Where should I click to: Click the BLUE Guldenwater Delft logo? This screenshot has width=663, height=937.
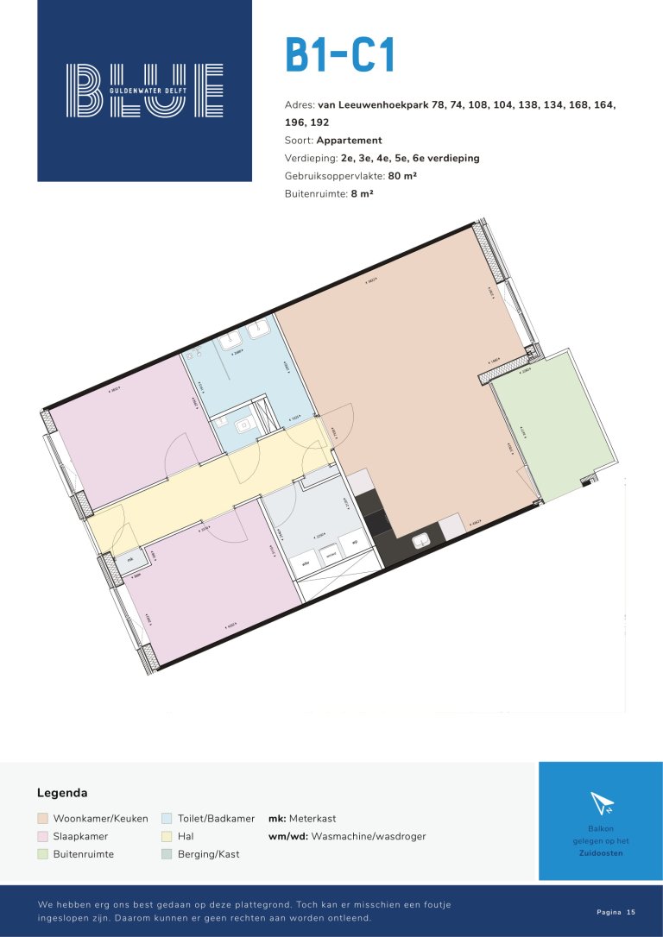[x=144, y=90]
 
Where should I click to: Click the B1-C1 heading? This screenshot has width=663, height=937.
[x=340, y=55]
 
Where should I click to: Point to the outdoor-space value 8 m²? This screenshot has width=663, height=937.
[x=362, y=194]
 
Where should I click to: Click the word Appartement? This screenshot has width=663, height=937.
[x=349, y=140]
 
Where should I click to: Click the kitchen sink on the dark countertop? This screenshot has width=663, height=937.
[x=421, y=541]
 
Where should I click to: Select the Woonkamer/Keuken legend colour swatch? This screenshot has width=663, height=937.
[x=42, y=818]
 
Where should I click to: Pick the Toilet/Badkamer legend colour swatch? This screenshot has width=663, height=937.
[x=167, y=818]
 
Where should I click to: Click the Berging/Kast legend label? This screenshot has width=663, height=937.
[x=208, y=854]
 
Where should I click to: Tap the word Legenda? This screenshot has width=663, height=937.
[x=62, y=793]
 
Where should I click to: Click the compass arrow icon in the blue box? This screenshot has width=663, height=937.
[x=601, y=803]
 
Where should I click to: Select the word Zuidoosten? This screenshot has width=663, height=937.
[x=601, y=853]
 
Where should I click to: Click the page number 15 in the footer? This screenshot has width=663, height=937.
[x=631, y=912]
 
